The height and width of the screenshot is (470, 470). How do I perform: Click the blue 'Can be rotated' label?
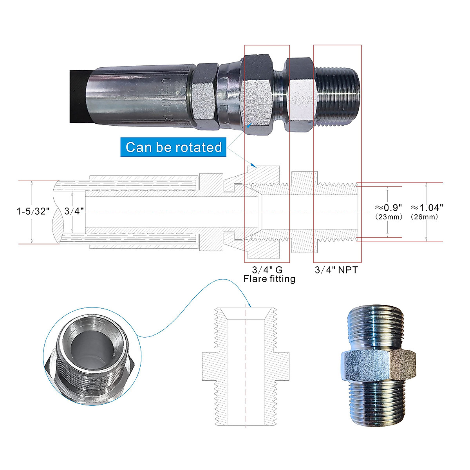pyautogui.click(x=174, y=147)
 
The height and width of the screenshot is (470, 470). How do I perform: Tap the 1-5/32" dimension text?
pyautogui.click(x=33, y=211)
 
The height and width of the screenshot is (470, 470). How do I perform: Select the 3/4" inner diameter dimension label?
pyautogui.click(x=74, y=211)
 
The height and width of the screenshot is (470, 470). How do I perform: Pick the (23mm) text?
pyautogui.click(x=388, y=217)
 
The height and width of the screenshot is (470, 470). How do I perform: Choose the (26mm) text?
pyautogui.click(x=424, y=217)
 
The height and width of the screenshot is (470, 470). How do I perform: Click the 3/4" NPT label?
pyautogui.click(x=336, y=269)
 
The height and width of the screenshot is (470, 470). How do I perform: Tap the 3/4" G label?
pyautogui.click(x=267, y=269)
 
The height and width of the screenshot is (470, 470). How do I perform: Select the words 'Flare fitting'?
pyautogui.click(x=269, y=279)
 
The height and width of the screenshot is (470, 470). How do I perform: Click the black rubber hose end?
pyautogui.click(x=78, y=96)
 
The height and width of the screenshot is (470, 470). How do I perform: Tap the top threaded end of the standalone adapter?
pyautogui.click(x=376, y=323)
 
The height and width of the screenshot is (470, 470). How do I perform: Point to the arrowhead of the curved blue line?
pyautogui.click(x=249, y=304)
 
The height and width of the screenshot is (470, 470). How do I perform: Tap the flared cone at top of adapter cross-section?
pyautogui.click(x=246, y=314)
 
